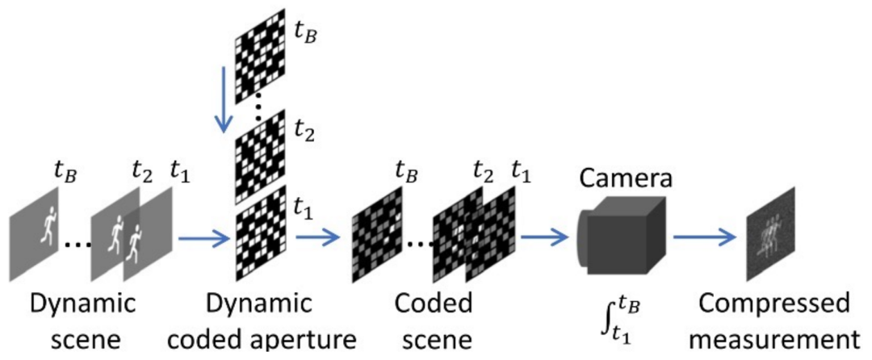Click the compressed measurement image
[770, 234]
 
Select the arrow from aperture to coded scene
[317, 238]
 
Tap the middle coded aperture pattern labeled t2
[260, 149]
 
